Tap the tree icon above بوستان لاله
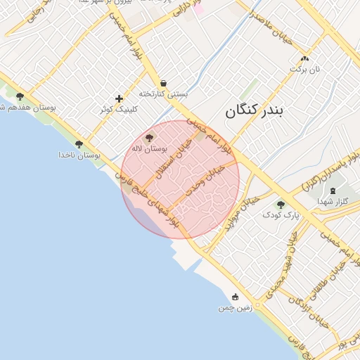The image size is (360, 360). point(149,138)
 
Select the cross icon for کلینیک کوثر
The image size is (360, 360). point(119,98)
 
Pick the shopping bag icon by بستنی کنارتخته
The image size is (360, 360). point(164,83)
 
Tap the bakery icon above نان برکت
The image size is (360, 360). point(304,59)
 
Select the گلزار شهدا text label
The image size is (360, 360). point(332,201)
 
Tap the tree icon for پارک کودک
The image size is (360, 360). point(281,205)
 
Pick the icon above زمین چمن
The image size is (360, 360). point(235,297)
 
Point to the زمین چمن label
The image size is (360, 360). point(234,308)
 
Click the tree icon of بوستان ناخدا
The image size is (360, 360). point(79,143)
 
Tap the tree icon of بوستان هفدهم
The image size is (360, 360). point(20,96)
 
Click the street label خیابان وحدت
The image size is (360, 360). point(205,181)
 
